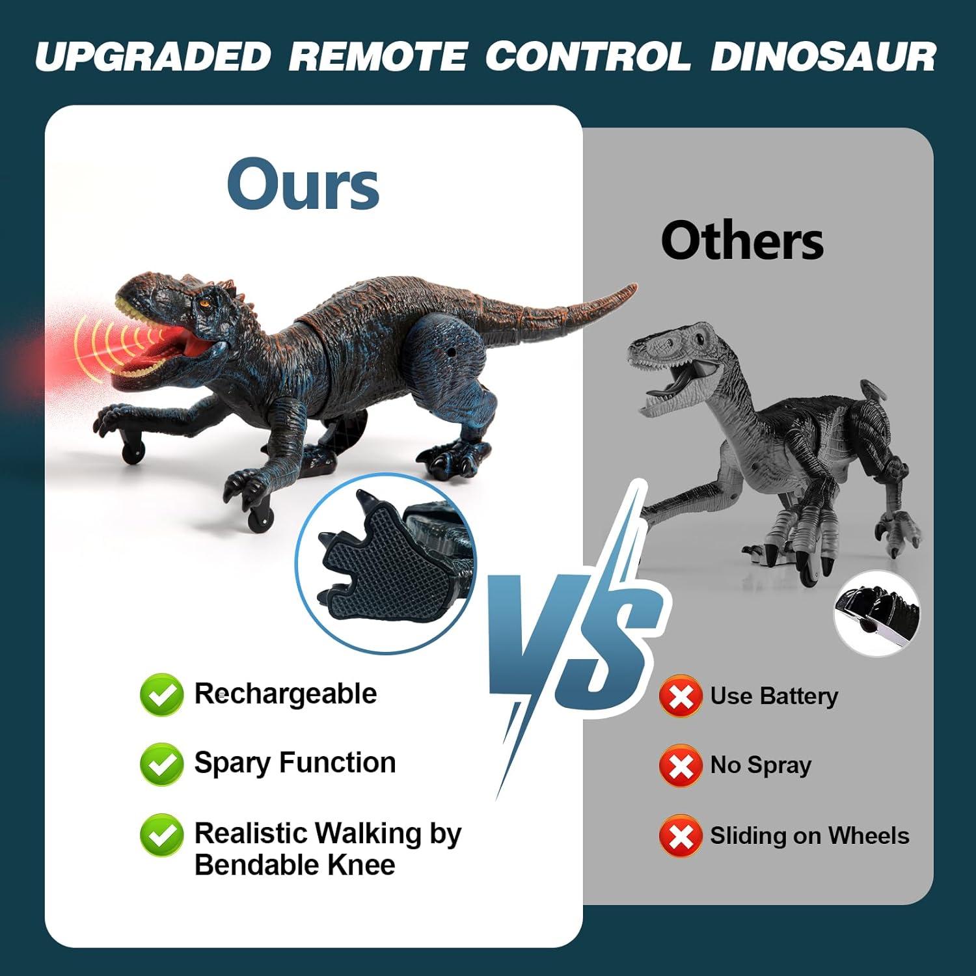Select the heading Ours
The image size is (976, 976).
coord(303,185)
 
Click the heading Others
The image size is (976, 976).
coord(742,241)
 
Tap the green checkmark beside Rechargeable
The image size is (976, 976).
coord(161,695)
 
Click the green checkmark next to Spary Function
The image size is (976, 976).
coord(161,764)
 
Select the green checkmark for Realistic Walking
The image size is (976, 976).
coord(161,835)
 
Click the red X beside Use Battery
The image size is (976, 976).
coord(681,697)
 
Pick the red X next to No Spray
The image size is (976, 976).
coord(681,766)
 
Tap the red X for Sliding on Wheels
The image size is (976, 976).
coord(681,836)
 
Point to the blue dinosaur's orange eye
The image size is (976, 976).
coord(206,303)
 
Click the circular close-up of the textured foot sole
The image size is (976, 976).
coord(385,563)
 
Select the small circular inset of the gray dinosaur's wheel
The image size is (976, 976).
coord(876,613)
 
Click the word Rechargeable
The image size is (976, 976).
coord(286,694)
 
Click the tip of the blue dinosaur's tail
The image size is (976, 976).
coord(632,286)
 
